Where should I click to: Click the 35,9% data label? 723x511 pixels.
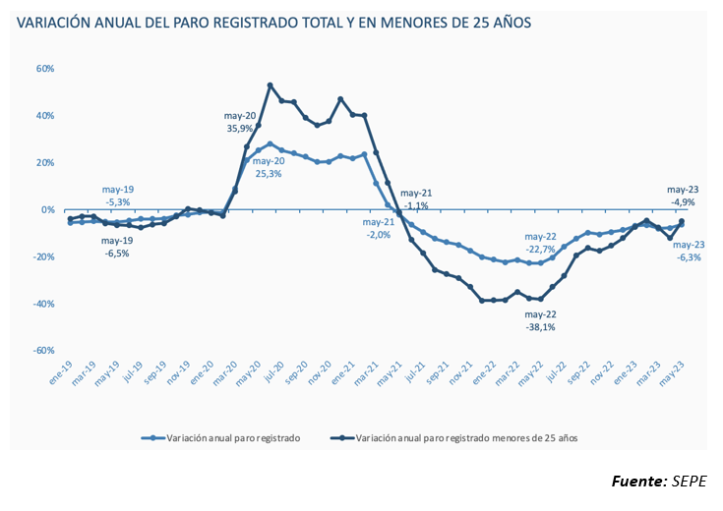tap(241, 128)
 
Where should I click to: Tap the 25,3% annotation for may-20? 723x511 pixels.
tap(269, 174)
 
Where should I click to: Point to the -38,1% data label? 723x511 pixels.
tap(540, 327)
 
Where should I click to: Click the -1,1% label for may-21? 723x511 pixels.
tap(414, 205)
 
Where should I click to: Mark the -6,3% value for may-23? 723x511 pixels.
tap(687, 257)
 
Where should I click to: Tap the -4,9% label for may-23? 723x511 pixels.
tap(683, 201)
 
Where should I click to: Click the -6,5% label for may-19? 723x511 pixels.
tap(117, 253)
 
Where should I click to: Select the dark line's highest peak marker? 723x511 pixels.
tap(271, 85)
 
